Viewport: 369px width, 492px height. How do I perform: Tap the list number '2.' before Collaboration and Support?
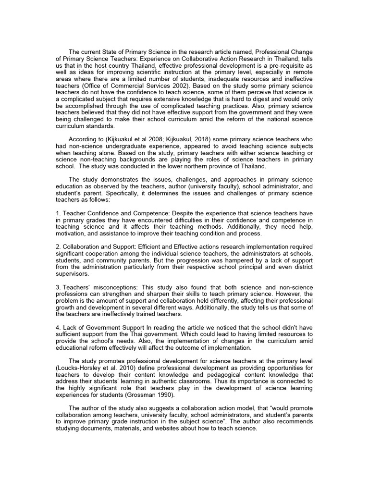pyautogui.click(x=57, y=247)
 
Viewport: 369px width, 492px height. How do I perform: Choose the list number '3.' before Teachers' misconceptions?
pyautogui.click(x=57, y=287)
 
